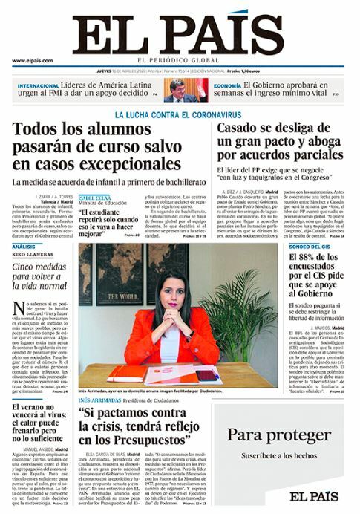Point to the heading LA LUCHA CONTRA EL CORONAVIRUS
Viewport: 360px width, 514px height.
click(178, 114)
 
